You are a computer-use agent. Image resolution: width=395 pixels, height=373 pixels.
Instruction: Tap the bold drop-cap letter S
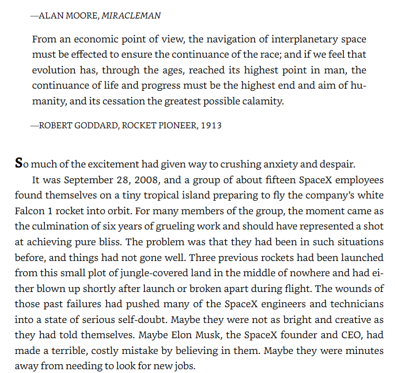point(19,163)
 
